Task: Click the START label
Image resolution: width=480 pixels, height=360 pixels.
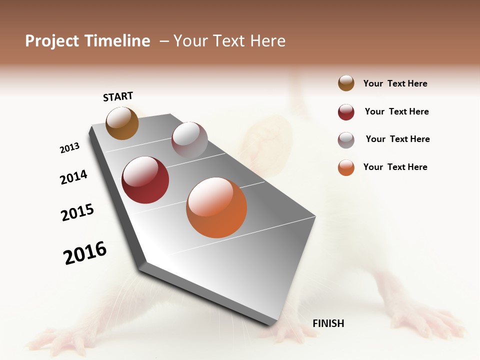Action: tap(118, 96)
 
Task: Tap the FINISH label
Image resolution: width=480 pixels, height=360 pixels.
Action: tap(328, 323)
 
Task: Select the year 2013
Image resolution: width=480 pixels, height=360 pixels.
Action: tap(69, 148)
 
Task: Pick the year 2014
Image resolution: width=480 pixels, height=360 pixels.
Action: tap(73, 177)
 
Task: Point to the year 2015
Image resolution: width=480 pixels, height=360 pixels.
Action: tap(77, 212)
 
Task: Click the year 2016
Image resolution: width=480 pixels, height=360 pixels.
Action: tap(85, 253)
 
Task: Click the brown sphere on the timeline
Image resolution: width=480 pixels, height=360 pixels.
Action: tap(122, 123)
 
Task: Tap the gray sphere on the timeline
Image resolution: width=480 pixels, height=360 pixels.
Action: tap(189, 140)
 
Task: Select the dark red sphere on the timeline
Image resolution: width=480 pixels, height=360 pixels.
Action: tap(145, 180)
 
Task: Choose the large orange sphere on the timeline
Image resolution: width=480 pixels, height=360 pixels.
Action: tap(216, 207)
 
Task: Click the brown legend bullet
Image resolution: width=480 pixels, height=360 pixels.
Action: tap(346, 83)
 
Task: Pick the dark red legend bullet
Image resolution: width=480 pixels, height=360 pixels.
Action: tap(346, 112)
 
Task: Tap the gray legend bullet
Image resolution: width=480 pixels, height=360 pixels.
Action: tap(346, 139)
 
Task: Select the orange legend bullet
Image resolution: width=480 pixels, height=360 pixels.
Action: tap(346, 167)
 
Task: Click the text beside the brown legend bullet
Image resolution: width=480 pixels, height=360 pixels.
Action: tap(395, 83)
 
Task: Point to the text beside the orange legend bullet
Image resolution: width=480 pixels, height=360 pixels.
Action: tap(395, 167)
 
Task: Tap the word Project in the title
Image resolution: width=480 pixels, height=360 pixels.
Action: tap(52, 41)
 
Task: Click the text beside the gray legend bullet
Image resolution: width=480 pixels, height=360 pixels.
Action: tap(397, 139)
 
